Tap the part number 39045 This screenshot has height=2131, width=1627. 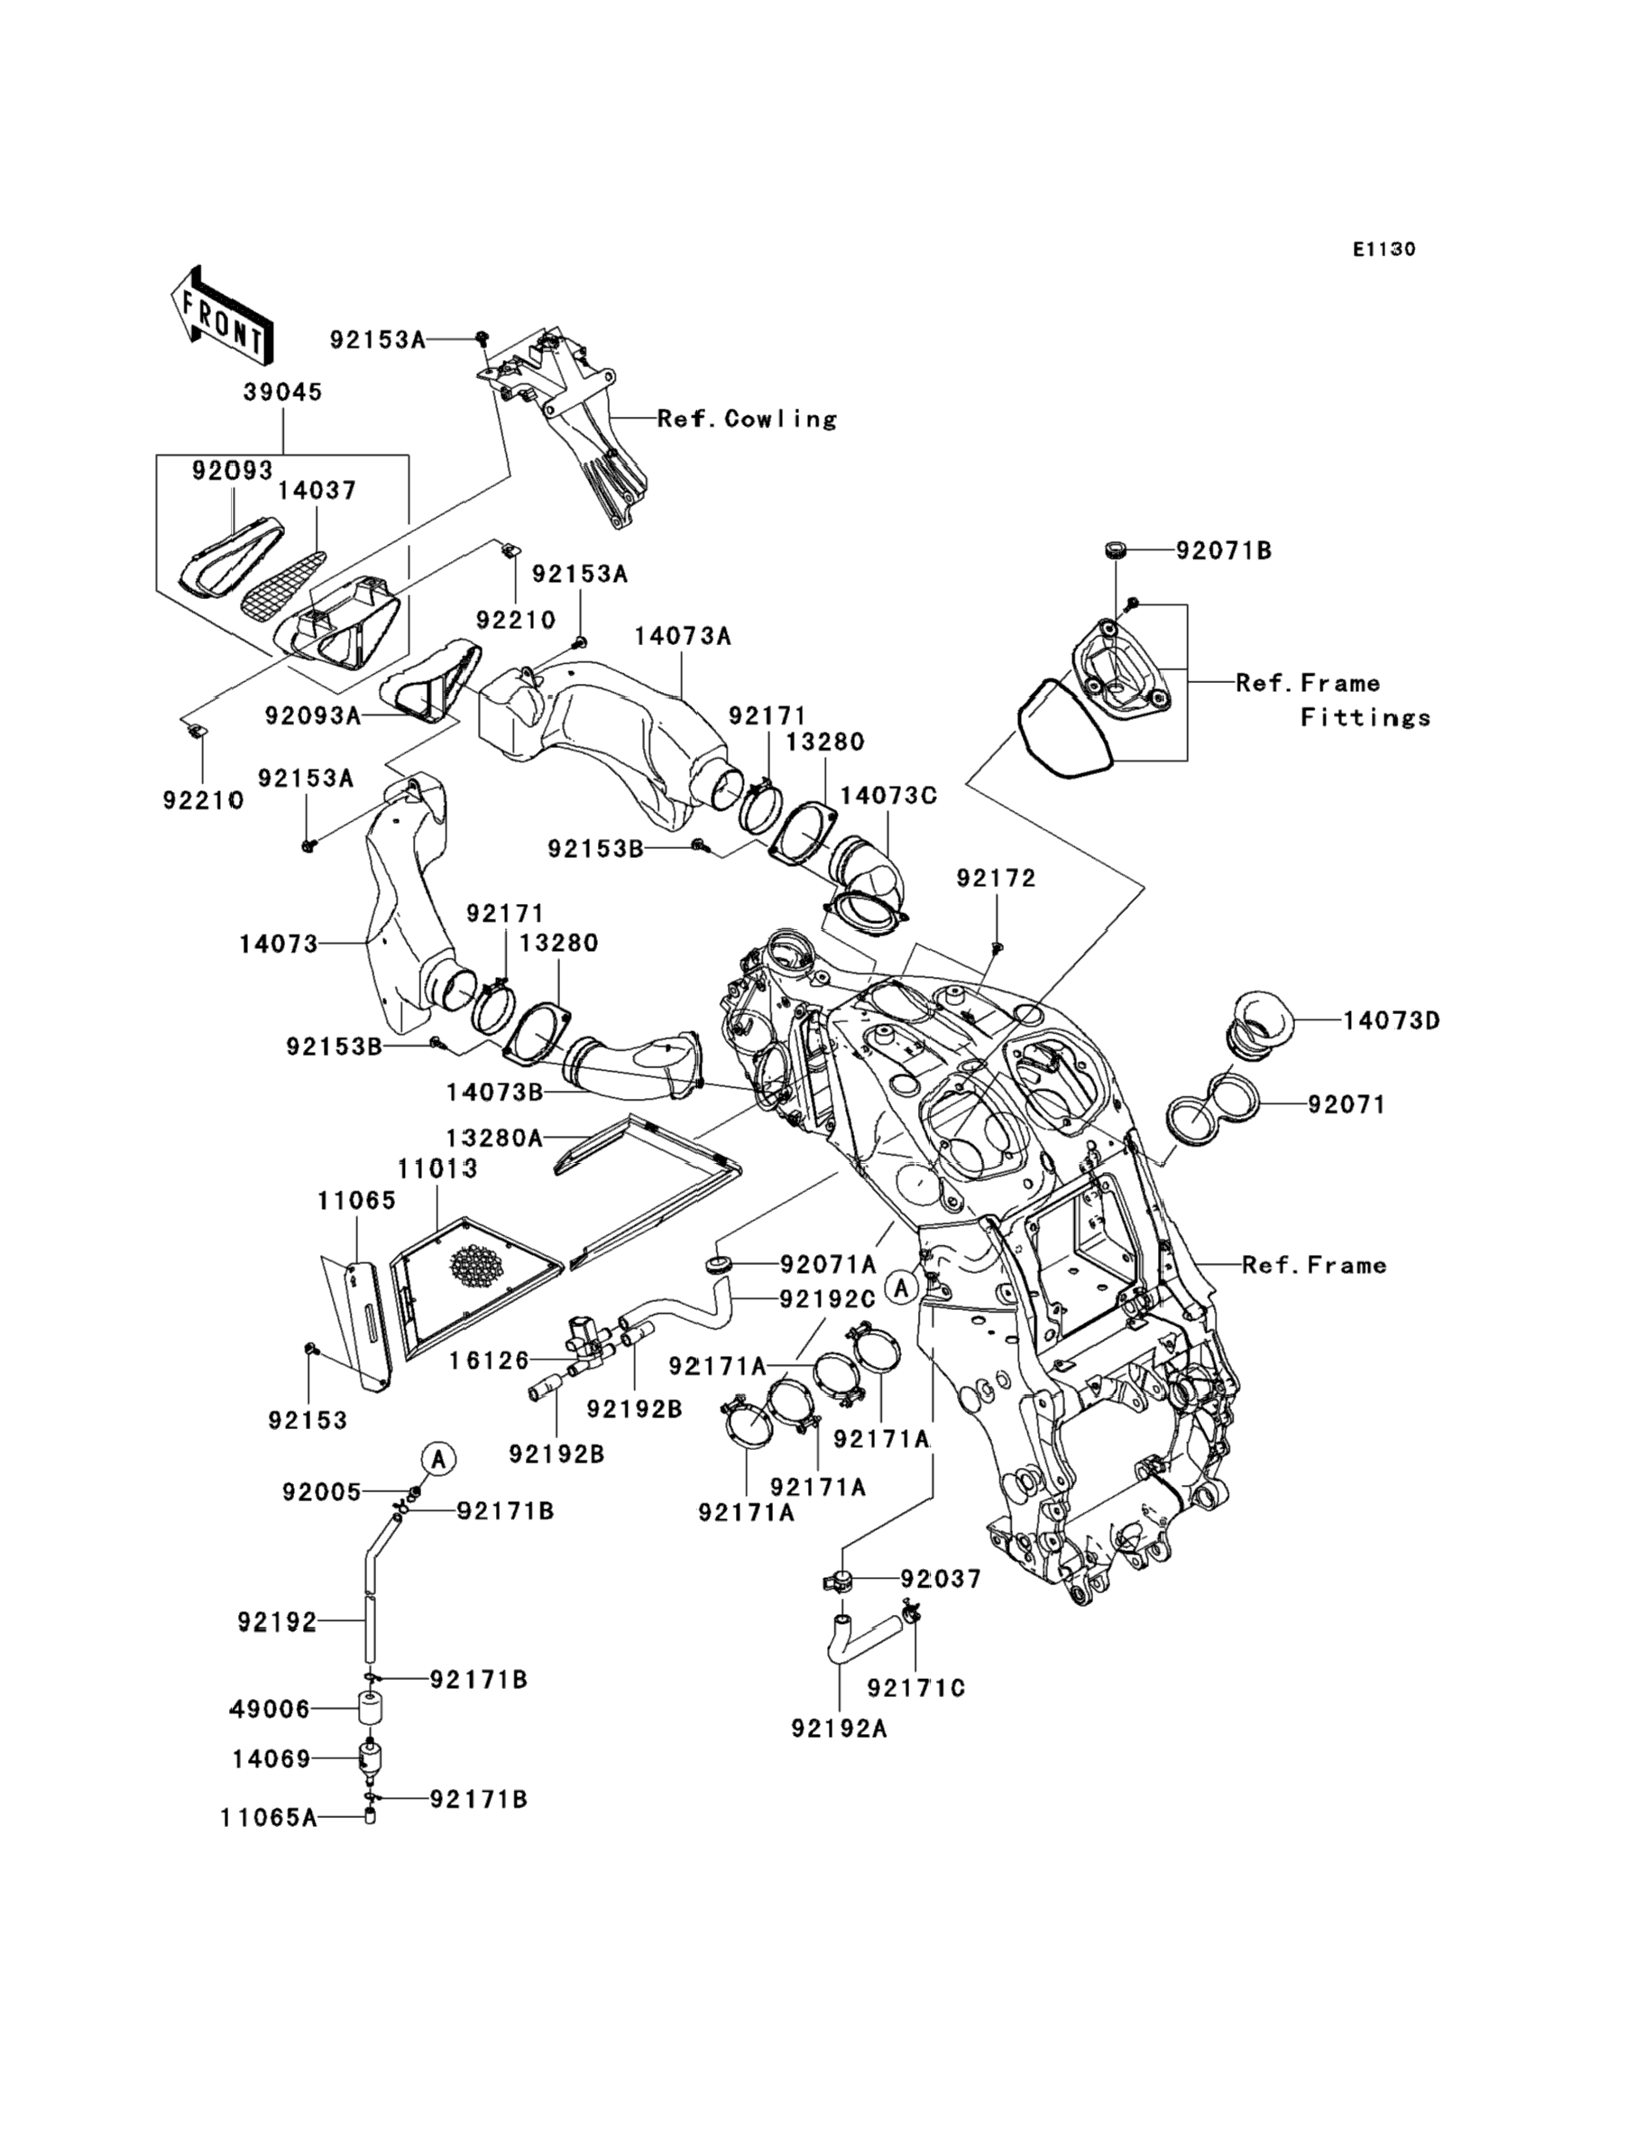click(x=283, y=392)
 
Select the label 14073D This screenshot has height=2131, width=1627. click(x=1391, y=1020)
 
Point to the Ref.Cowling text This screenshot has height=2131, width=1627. click(x=747, y=419)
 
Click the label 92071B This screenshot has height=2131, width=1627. click(x=1224, y=550)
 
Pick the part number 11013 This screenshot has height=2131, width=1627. click(x=437, y=1168)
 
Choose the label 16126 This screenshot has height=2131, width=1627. click(x=489, y=1361)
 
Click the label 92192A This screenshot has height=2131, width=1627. click(x=839, y=1755)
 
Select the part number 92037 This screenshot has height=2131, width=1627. click(x=942, y=1579)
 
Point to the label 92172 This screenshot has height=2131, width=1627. click(x=996, y=878)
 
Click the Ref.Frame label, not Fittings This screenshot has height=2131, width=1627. click(x=1314, y=1264)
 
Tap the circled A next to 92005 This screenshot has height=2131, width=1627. click(x=438, y=1458)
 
